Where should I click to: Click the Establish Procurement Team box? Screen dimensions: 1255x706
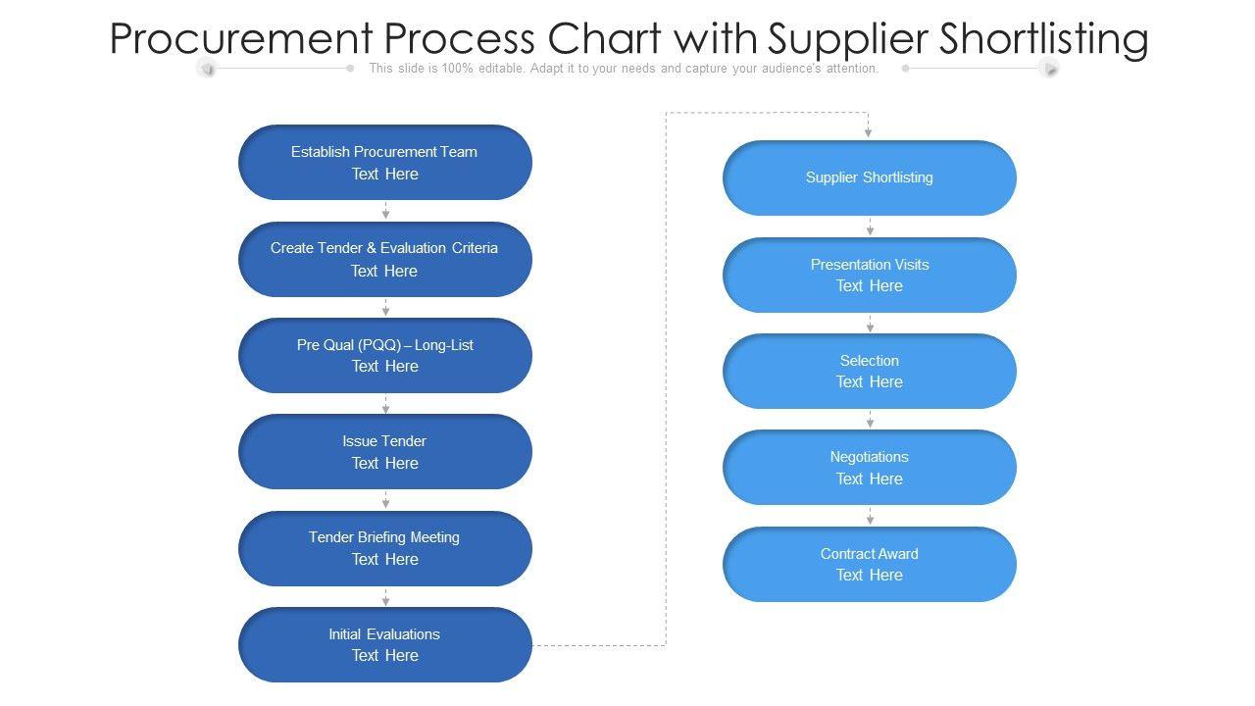pos(385,163)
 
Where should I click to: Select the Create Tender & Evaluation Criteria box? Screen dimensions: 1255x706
pos(385,259)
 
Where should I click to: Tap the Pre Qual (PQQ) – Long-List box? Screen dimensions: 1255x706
pos(385,355)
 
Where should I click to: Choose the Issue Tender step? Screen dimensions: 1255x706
pos(385,452)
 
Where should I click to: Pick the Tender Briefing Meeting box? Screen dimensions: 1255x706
pos(385,548)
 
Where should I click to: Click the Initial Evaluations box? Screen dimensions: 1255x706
pos(385,644)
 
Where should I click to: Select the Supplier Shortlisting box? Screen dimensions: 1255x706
pos(870,177)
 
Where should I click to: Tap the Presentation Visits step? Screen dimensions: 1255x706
pos(870,275)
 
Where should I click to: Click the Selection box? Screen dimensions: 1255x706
pos(870,371)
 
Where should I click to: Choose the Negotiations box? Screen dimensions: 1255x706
pos(870,468)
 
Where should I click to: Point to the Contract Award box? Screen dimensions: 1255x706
pos(870,564)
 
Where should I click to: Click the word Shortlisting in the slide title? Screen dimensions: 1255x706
pos(1043,39)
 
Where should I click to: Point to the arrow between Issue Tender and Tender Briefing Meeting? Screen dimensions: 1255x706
pos(385,500)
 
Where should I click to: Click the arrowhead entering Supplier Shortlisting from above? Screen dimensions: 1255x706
pos(868,131)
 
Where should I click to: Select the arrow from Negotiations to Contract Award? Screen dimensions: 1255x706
pos(870,516)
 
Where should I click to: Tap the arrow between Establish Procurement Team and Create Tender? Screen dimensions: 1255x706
pos(385,211)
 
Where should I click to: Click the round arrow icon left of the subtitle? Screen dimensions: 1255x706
pos(206,68)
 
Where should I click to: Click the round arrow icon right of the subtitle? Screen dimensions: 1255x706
pos(1049,68)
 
